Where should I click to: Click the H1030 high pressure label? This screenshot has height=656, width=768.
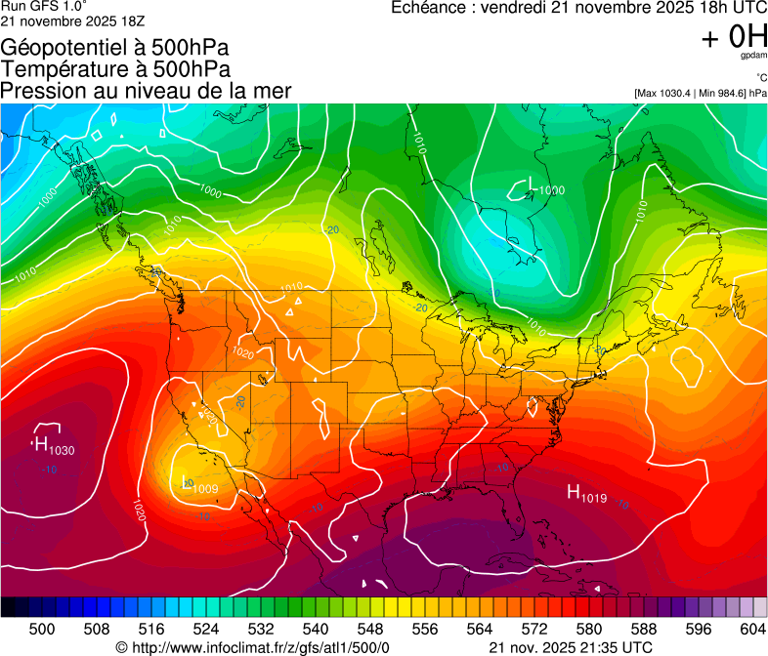click(53, 446)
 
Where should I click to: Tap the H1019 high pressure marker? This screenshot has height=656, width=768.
click(587, 495)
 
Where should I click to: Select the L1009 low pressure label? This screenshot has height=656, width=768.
click(199, 485)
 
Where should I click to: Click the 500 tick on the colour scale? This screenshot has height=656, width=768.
click(41, 628)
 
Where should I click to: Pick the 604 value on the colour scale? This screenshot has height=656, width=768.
click(752, 628)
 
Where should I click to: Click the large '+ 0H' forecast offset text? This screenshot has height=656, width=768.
click(734, 37)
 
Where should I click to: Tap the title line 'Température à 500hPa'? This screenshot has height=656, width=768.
click(116, 69)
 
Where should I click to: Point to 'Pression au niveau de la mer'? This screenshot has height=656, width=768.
click(147, 91)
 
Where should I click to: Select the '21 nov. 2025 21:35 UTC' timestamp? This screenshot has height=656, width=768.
click(570, 647)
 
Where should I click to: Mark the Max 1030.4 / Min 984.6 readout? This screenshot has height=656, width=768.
click(701, 94)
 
